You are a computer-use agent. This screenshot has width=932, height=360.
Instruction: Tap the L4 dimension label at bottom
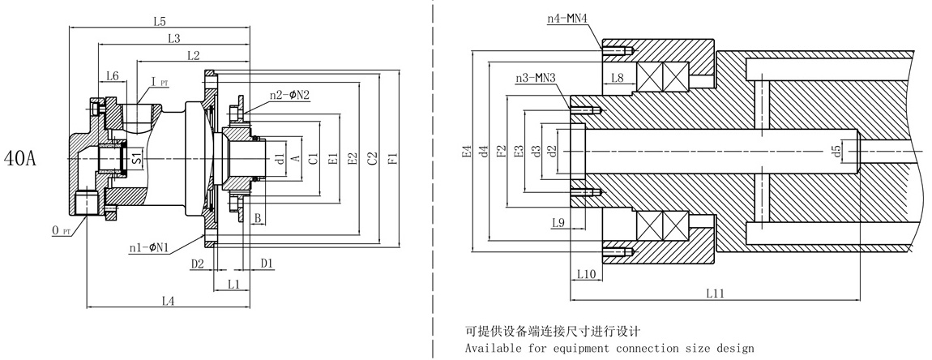[169, 301]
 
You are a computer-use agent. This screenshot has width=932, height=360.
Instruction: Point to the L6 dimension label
[113, 75]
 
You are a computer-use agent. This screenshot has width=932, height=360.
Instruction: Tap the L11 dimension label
[714, 294]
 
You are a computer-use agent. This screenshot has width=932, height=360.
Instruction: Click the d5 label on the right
[836, 152]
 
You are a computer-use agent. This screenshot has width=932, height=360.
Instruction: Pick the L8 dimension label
[617, 78]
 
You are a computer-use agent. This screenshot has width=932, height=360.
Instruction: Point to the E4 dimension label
[465, 151]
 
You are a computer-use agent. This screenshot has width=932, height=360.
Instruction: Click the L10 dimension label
[585, 276]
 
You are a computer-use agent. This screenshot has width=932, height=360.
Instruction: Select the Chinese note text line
[553, 331]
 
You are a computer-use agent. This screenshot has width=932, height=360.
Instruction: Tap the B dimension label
[257, 218]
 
